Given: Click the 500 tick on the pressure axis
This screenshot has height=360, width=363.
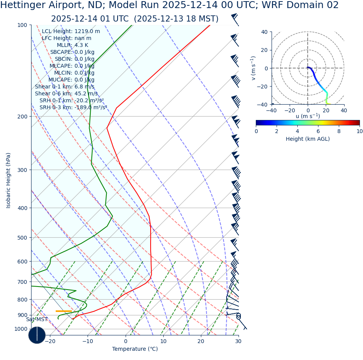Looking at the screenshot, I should pyautogui.click(x=22, y=238).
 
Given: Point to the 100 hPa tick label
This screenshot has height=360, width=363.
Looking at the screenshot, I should pyautogui.click(x=22, y=25).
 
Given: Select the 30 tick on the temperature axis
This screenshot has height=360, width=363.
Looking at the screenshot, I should pyautogui.click(x=238, y=341).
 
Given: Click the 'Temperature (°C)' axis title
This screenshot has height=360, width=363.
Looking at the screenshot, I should pyautogui.click(x=135, y=349).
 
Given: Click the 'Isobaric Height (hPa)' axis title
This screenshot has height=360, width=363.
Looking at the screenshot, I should pyautogui.click(x=8, y=180).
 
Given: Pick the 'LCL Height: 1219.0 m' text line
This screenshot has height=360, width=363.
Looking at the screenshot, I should pyautogui.click(x=71, y=32).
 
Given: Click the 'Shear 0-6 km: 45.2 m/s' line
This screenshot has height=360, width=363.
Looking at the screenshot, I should pyautogui.click(x=66, y=94).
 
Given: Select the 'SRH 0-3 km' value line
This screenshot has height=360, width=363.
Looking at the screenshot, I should pyautogui.click(x=73, y=108).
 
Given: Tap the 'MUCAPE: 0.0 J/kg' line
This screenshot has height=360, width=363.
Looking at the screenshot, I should pyautogui.click(x=71, y=80).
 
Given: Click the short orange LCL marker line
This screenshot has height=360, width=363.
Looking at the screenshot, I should pyautogui.click(x=64, y=311).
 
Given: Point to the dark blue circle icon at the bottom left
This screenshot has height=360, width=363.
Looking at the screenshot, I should pyautogui.click(x=37, y=335).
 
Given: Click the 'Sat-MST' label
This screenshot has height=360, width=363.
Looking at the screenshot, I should pyautogui.click(x=37, y=320).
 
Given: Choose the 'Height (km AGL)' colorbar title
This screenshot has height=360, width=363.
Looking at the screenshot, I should pyautogui.click(x=308, y=139).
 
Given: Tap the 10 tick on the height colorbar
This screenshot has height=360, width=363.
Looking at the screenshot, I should pyautogui.click(x=360, y=131).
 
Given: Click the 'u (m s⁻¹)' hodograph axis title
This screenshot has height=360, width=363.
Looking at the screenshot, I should pyautogui.click(x=308, y=116).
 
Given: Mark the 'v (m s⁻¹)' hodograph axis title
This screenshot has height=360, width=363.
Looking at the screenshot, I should pyautogui.click(x=253, y=68).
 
